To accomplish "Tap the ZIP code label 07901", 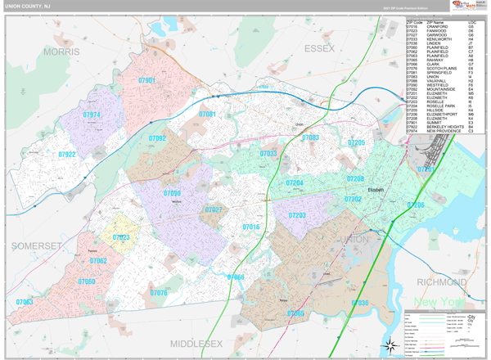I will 147,80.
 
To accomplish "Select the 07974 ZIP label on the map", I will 91,115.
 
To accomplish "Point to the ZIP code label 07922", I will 67,154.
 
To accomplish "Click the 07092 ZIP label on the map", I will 158,138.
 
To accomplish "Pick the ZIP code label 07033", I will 268,153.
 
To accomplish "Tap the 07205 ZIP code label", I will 356,142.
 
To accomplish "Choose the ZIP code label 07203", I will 297,215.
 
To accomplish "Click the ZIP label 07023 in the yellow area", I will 121,237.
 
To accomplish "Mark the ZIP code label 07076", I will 159,292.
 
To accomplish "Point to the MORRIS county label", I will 61,52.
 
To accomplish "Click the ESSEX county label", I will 320,49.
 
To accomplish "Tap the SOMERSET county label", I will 36,245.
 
